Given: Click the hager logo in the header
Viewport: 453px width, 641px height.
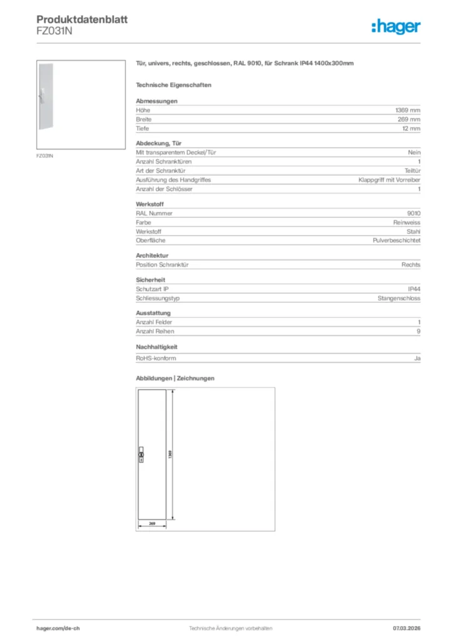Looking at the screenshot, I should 395,26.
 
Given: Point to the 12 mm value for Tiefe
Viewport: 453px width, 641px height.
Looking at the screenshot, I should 412,128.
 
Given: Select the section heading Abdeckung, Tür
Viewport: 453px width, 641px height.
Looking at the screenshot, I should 155,143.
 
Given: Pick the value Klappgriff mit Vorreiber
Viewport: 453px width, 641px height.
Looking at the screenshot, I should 389,180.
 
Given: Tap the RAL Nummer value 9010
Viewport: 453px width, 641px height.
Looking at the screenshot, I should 414,213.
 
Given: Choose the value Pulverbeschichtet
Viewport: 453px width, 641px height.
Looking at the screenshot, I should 396,240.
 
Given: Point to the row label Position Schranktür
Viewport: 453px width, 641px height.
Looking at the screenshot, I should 163,265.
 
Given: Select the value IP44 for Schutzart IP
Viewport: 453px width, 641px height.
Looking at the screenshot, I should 414,289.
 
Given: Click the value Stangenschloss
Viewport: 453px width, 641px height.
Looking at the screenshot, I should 399,299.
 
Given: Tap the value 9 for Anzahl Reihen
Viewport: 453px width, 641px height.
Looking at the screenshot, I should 419,332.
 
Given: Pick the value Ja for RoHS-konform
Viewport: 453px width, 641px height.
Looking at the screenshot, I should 417,359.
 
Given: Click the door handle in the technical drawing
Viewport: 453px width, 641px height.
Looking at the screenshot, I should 141,454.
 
